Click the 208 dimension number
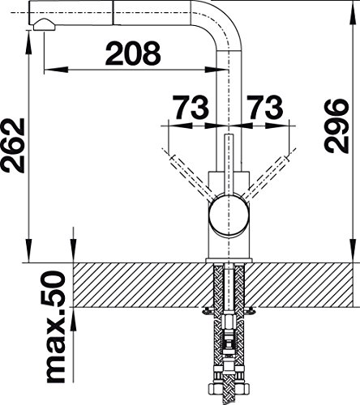tap(133, 53)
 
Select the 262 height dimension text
tap(13, 145)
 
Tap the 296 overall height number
tap(335, 126)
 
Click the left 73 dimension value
tap(191, 108)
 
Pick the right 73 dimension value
tap(265, 108)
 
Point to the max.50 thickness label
tap(56, 327)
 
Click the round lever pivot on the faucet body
tap(229, 215)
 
